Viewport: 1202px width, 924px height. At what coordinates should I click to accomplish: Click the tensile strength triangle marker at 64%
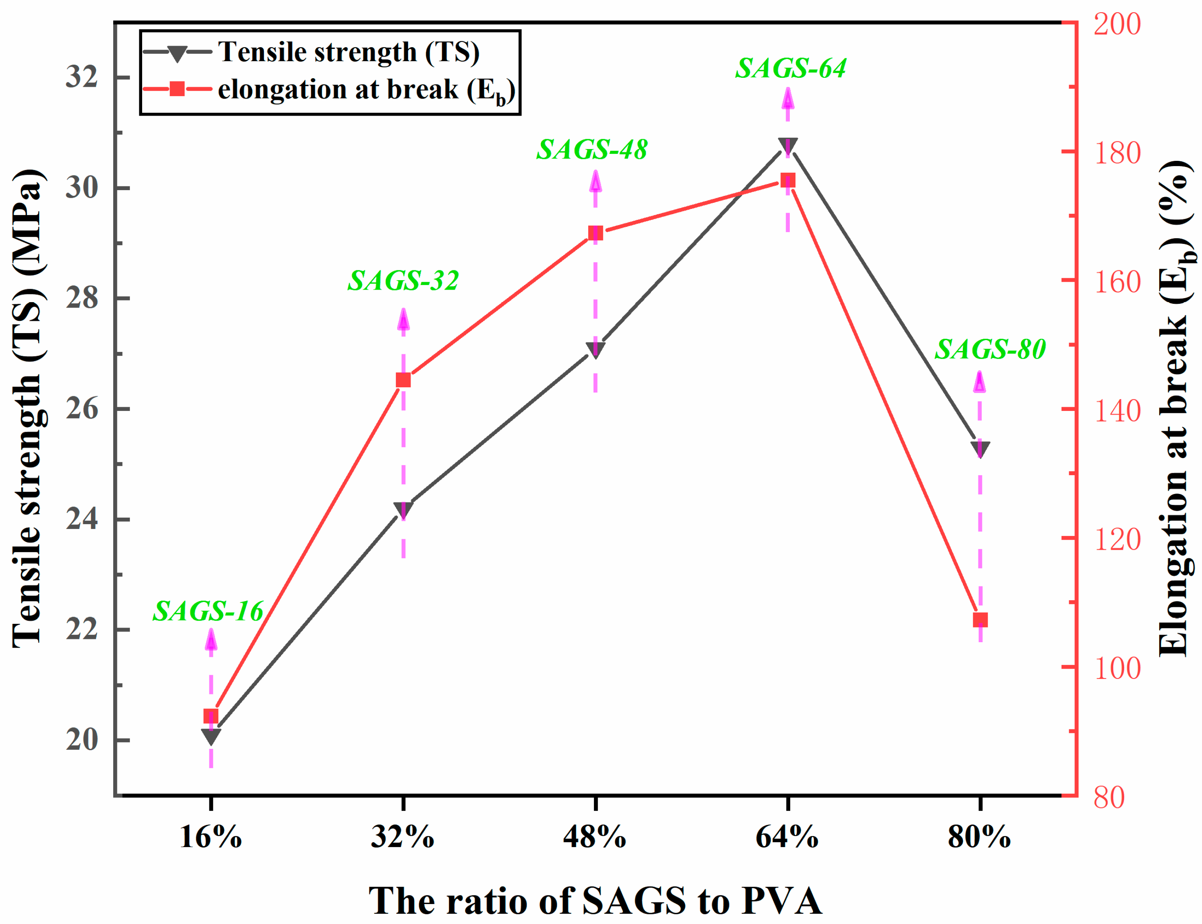click(787, 146)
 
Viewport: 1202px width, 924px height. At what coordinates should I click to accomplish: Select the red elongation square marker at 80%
click(980, 620)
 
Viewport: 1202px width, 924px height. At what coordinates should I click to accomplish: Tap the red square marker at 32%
click(403, 380)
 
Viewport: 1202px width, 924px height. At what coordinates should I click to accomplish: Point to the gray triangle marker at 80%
click(980, 449)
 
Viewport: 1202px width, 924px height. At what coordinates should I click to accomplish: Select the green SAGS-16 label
click(208, 611)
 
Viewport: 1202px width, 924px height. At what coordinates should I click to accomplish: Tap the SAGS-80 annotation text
click(990, 349)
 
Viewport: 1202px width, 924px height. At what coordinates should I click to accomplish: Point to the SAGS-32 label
click(403, 281)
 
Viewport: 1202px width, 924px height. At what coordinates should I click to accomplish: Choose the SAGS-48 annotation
click(592, 149)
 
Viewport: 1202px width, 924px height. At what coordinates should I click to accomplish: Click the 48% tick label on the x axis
click(595, 838)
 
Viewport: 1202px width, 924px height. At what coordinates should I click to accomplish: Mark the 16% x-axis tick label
click(211, 838)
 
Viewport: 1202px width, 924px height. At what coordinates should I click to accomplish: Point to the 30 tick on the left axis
click(81, 188)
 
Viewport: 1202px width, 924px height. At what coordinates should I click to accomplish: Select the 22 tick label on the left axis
click(81, 629)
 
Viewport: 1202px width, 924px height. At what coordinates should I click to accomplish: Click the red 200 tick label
click(1117, 25)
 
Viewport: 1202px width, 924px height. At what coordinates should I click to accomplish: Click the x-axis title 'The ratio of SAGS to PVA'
click(595, 900)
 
